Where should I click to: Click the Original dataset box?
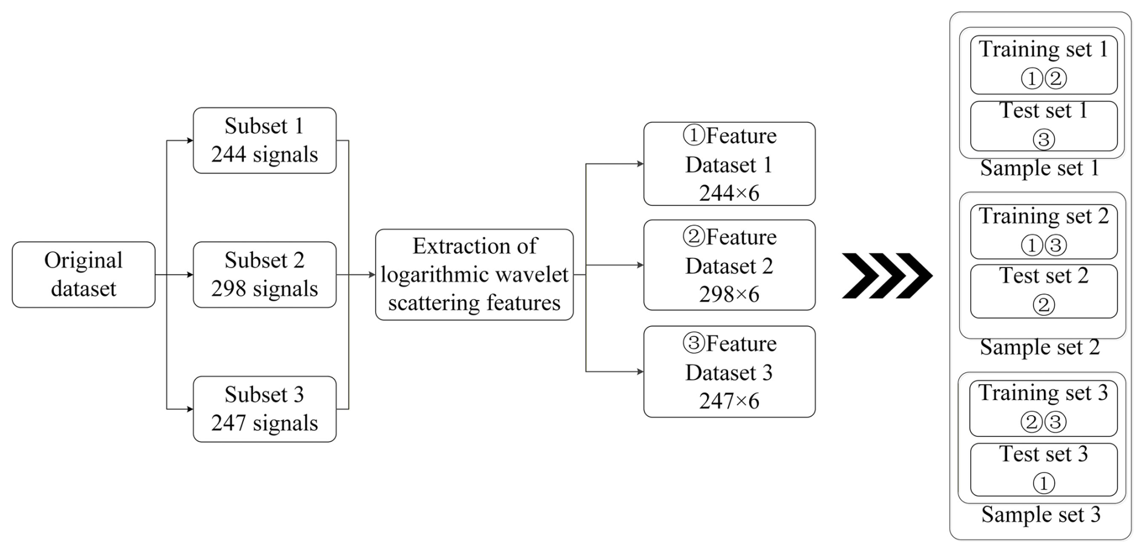(84, 275)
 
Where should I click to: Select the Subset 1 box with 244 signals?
(264, 140)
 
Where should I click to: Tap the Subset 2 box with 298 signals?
(264, 275)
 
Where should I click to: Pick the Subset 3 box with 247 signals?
(264, 409)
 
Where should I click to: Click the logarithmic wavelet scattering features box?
(474, 275)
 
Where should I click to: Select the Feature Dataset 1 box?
(729, 164)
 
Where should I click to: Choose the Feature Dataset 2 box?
(729, 265)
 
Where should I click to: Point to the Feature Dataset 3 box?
(729, 371)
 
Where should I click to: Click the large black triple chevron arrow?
(887, 276)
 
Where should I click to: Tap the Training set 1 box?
(1044, 65)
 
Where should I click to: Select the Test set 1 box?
(1044, 126)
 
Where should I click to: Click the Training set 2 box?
(1044, 232)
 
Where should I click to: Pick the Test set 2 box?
(1044, 291)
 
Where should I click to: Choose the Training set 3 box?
(1043, 408)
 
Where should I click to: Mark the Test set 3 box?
(1044, 470)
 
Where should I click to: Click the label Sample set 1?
(1040, 168)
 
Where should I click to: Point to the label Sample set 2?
(1040, 347)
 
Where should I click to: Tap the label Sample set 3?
(1041, 515)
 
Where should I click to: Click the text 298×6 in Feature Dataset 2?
(729, 295)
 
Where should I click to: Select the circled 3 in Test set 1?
(1043, 140)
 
